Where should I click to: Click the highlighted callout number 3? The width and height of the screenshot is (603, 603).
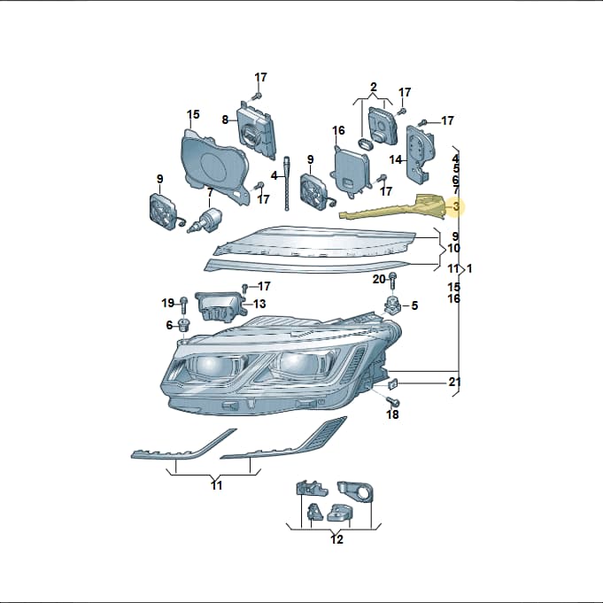point(456,206)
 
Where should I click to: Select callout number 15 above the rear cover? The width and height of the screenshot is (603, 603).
point(193,114)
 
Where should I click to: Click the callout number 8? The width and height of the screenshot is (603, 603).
point(225,120)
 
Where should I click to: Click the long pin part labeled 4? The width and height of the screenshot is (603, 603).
point(286,184)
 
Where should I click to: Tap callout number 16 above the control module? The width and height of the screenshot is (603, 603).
point(338,130)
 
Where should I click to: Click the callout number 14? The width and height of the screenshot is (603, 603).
point(395,159)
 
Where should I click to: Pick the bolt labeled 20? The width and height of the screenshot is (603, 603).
point(392,282)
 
